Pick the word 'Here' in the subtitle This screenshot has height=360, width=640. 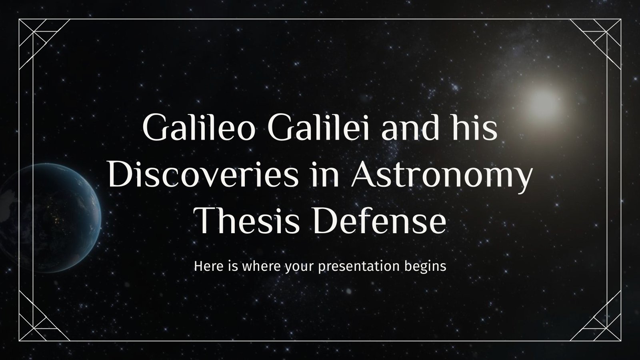pos(206,266)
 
